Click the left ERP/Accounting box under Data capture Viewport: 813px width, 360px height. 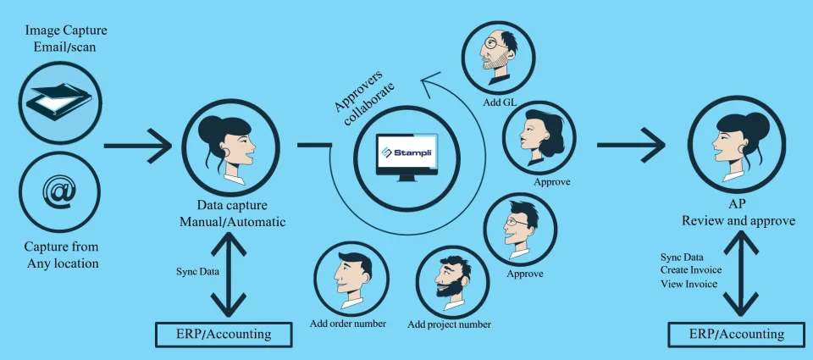coord(224,334)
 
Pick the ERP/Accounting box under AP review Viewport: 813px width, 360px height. coord(736,334)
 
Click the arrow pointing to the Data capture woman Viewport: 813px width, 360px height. coord(137,147)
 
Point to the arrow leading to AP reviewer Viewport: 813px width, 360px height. coord(631,145)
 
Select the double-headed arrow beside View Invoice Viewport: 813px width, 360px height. coord(741,274)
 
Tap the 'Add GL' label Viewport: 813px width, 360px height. coord(497,102)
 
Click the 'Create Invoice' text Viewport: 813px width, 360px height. coord(691,270)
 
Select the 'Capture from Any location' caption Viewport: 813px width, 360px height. coord(63,255)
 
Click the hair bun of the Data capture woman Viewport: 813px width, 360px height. coord(213,126)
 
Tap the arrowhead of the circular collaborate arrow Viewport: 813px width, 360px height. coord(430,84)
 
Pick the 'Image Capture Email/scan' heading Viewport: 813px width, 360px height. coord(66,38)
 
